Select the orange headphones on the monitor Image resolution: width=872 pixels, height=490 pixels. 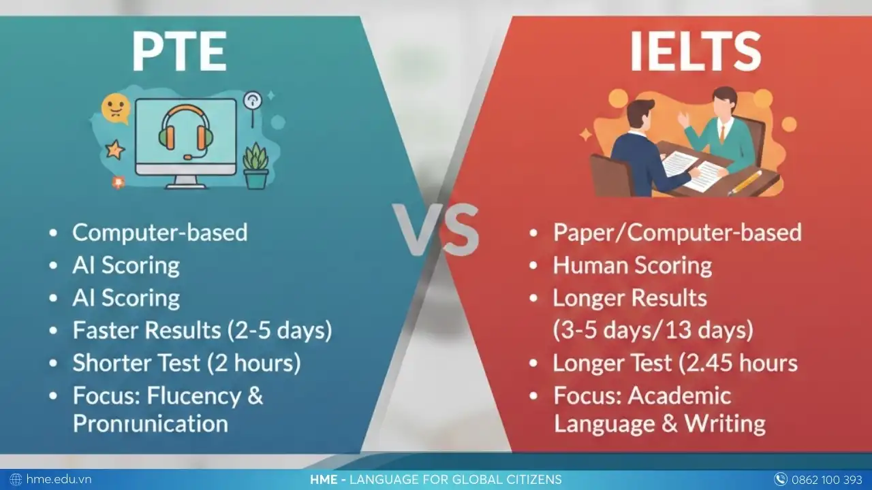(185, 129)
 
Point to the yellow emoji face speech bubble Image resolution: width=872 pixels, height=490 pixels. (115, 108)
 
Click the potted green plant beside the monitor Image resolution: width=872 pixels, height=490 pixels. (256, 166)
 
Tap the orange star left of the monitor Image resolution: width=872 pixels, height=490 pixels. (114, 149)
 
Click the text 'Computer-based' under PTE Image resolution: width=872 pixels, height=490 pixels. (159, 232)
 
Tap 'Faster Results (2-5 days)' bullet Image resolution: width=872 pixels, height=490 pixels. (202, 330)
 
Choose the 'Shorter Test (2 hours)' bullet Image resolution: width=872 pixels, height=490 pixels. (186, 363)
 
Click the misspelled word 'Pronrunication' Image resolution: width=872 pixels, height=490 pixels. (150, 423)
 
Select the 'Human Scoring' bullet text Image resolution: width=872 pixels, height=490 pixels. (632, 265)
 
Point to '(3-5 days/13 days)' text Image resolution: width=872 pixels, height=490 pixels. (653, 330)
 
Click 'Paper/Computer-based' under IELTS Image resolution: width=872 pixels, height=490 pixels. (677, 232)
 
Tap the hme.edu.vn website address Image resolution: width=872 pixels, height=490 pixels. (59, 479)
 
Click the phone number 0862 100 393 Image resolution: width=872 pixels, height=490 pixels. (826, 479)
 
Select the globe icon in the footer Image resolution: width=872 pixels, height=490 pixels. (16, 479)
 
